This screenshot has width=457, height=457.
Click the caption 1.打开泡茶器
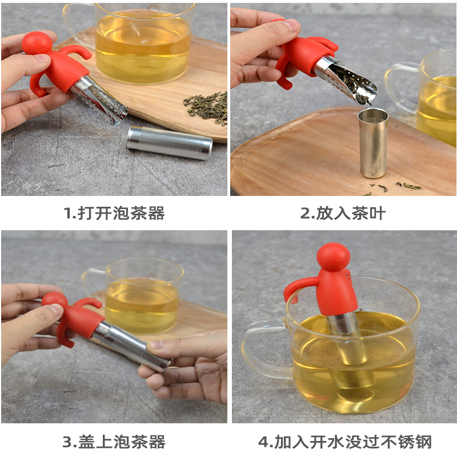click(114, 214)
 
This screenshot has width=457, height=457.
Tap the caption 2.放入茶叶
click(343, 214)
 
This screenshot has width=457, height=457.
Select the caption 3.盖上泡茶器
click(114, 441)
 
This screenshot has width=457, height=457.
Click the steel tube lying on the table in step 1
click(170, 142)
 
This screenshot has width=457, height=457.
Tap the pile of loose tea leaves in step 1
click(207, 106)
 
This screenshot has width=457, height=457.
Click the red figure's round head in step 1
click(37, 43)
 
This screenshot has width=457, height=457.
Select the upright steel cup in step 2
click(373, 143)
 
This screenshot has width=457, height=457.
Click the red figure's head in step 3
click(55, 301)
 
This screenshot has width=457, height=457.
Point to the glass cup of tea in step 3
click(143, 294)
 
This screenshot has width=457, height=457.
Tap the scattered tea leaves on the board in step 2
click(406, 186)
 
